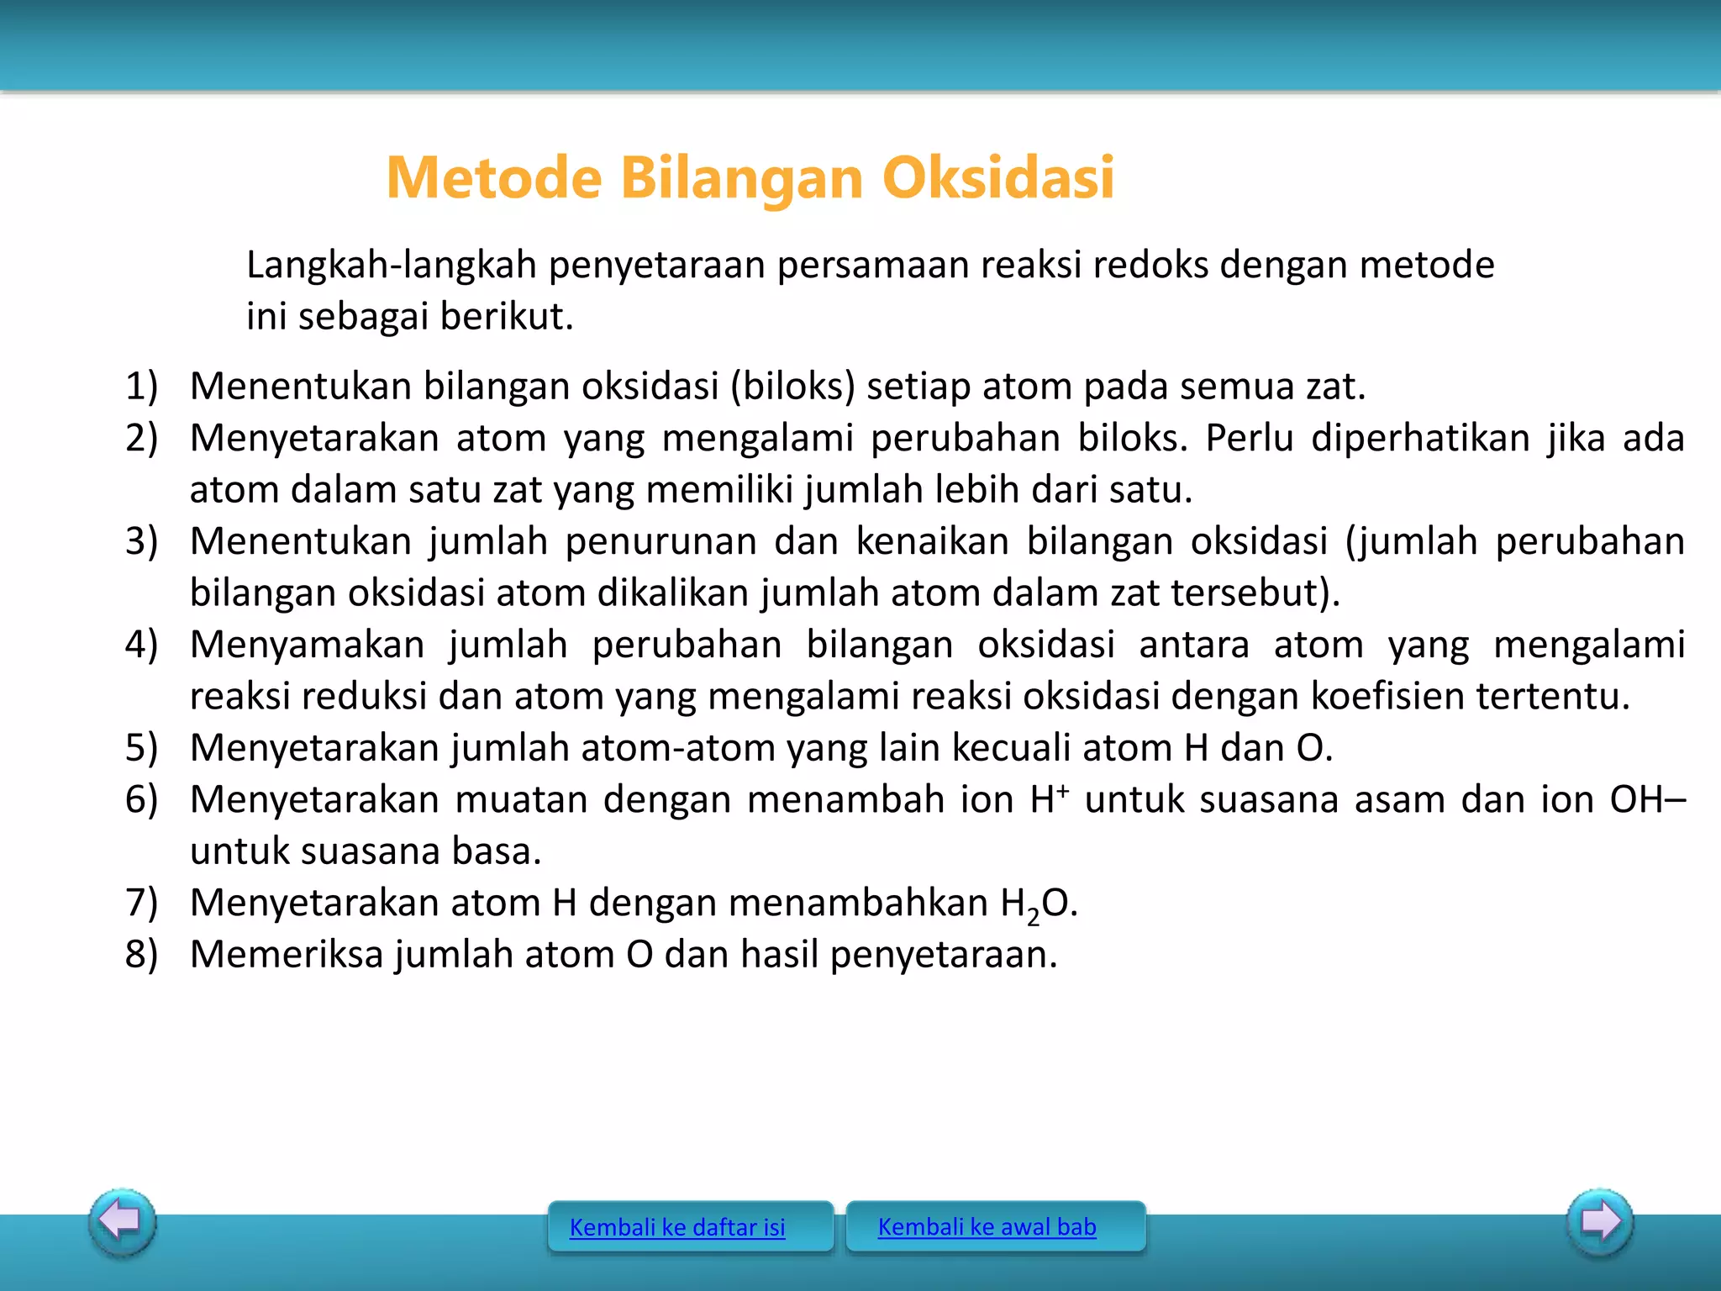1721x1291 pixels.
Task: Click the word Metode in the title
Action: [x=494, y=178]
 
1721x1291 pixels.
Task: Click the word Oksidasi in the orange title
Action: [x=998, y=178]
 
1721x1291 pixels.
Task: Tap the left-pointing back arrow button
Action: [x=123, y=1220]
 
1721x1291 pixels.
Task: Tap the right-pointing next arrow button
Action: [x=1600, y=1220]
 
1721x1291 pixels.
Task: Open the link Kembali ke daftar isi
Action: [x=677, y=1227]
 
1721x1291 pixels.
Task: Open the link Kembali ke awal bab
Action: [x=987, y=1226]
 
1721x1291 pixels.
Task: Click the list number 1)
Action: [x=141, y=386]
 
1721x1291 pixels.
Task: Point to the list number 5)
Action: [x=141, y=747]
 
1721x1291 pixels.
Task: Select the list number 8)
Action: [x=141, y=954]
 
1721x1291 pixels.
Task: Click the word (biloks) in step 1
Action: [x=792, y=386]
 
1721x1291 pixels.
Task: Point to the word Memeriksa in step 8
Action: [x=287, y=954]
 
